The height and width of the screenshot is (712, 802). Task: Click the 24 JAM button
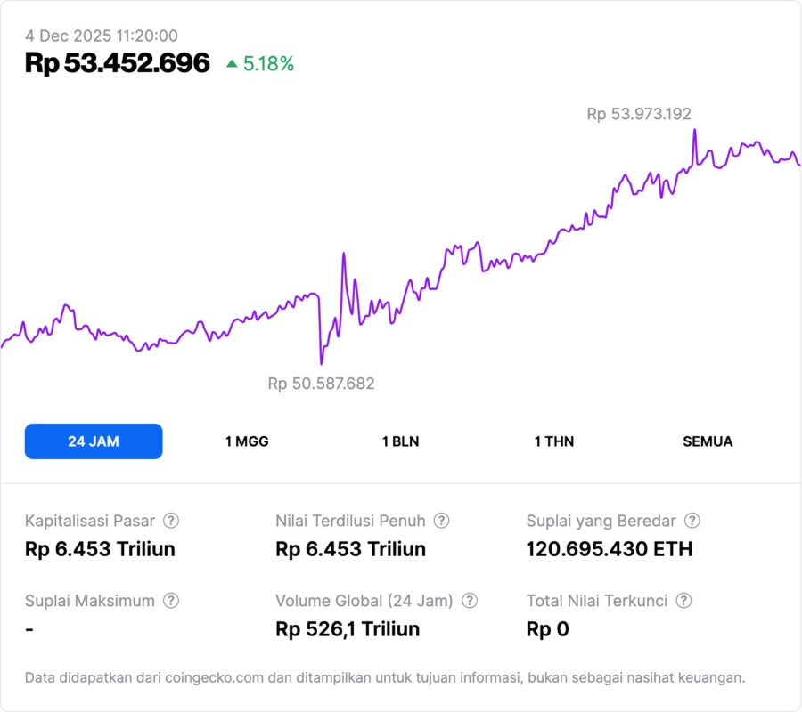coord(94,441)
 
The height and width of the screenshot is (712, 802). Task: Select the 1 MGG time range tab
coord(247,441)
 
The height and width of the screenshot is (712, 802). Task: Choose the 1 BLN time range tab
coord(400,441)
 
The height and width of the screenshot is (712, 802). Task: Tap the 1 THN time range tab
coord(554,441)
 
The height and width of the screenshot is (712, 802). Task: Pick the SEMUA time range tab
coord(708,441)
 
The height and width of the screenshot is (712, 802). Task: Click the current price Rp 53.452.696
coord(118,63)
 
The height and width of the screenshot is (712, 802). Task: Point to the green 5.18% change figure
coord(268,64)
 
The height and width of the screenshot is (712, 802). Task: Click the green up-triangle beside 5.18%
coord(232,63)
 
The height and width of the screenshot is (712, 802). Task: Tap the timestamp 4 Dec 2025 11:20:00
coord(102,36)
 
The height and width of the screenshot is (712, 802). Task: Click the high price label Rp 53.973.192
coord(639,114)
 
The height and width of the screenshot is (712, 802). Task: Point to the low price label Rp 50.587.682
coord(321,384)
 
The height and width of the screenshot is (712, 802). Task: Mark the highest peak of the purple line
coord(694,131)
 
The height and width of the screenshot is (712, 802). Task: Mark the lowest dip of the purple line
coord(321,363)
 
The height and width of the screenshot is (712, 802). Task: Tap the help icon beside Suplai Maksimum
coord(171,601)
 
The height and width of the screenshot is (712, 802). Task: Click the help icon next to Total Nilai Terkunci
coord(683,601)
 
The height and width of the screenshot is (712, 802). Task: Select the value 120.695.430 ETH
coord(610,549)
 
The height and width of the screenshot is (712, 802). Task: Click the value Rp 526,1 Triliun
coord(348,629)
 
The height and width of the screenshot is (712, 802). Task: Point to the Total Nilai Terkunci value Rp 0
coord(547,629)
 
